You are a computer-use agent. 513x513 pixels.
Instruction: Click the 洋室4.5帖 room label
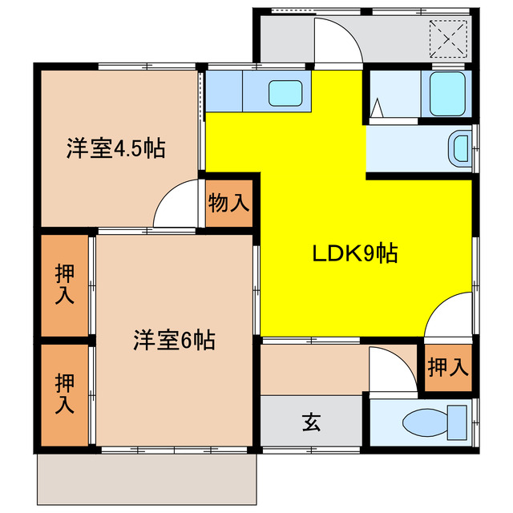116,148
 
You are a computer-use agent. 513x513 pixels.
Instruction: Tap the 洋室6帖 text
173,340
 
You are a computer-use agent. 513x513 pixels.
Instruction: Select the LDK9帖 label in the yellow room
355,254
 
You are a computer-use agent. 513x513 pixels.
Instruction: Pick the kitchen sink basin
285,92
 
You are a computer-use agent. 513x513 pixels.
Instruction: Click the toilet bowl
437,419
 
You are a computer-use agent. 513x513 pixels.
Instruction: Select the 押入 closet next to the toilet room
447,368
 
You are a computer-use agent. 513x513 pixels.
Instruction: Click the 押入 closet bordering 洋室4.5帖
66,285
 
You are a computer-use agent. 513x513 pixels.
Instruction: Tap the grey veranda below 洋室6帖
147,481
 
